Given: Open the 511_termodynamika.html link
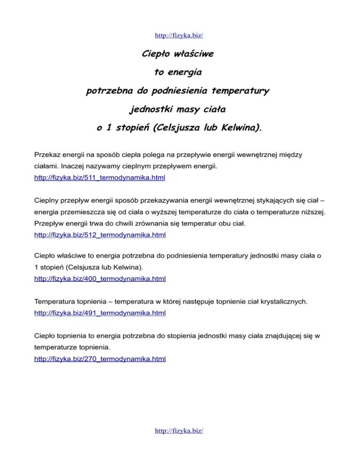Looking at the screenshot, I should (x=100, y=178).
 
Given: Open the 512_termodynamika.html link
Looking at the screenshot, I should (x=100, y=234).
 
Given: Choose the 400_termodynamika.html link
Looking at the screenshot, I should (x=100, y=278).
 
